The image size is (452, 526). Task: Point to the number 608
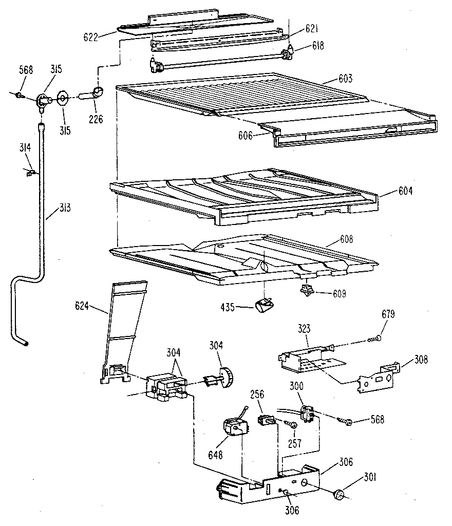pos(347,239)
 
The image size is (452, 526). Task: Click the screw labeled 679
pos(374,337)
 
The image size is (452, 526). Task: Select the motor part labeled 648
pos(232,428)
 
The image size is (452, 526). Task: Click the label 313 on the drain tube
pos(64,208)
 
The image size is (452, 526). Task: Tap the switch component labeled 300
pos(307,411)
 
